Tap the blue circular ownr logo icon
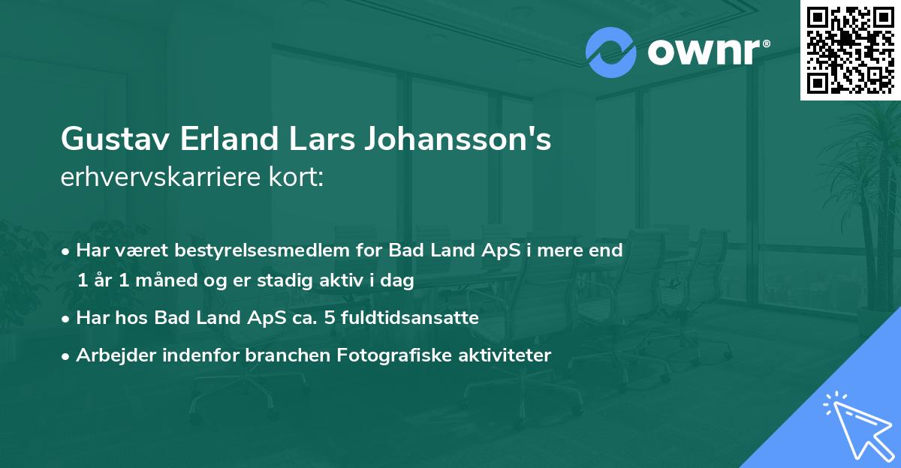coord(611,52)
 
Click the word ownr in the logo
coord(704,52)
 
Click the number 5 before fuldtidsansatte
coord(330,318)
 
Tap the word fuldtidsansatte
coord(409,318)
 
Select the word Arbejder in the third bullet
coord(108,355)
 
